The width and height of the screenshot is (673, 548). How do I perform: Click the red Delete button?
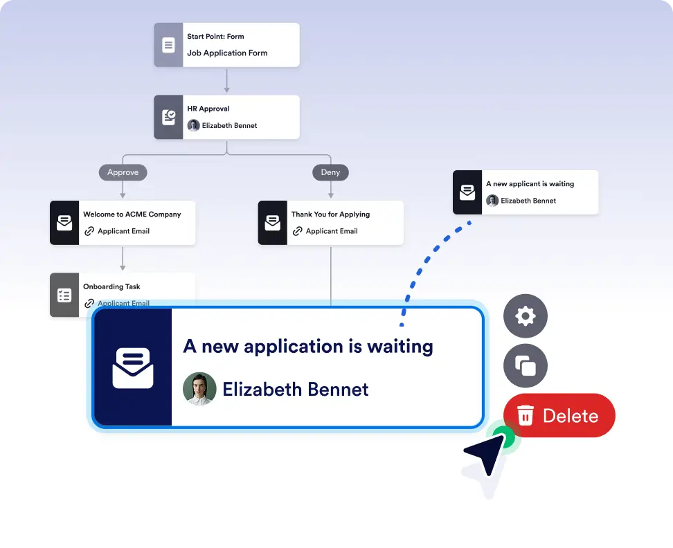click(559, 415)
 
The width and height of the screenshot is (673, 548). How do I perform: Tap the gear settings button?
click(526, 316)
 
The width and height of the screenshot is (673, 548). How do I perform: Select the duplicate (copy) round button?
click(526, 365)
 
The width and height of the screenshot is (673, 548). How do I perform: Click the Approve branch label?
click(123, 172)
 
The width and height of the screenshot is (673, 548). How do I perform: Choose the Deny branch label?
click(330, 172)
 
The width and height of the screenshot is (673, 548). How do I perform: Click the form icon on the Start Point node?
click(168, 45)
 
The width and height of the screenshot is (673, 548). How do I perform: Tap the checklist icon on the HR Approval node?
click(168, 117)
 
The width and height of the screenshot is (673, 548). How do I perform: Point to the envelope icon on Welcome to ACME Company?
click(64, 223)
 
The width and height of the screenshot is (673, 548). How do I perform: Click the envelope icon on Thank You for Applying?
click(273, 223)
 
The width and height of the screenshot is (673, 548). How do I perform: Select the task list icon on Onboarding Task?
click(64, 295)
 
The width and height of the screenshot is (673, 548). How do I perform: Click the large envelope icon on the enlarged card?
click(133, 367)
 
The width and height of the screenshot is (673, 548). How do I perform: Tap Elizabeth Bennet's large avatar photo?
click(199, 389)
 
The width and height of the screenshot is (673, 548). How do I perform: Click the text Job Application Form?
click(227, 53)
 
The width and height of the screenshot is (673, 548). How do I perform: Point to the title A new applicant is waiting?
click(530, 184)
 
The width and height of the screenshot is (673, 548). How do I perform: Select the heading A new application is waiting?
click(308, 346)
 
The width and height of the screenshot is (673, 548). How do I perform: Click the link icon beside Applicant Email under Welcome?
click(89, 231)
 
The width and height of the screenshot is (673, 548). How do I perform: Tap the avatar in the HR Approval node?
click(193, 125)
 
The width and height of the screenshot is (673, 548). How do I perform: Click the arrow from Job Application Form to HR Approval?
click(226, 80)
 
